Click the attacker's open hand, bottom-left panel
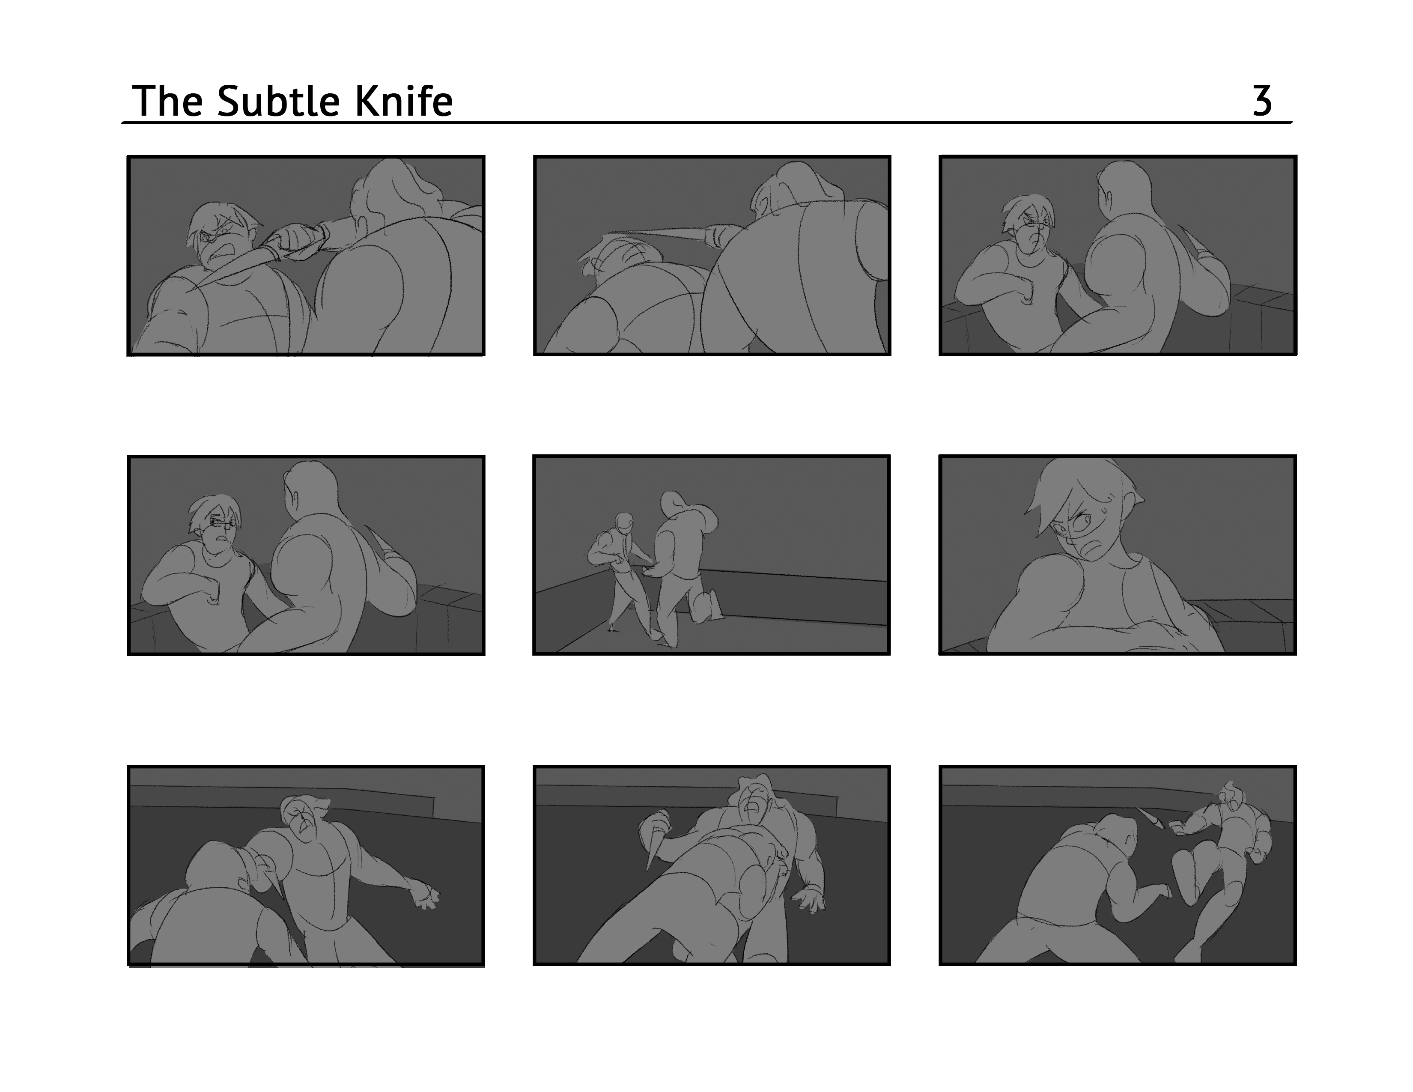click(426, 895)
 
